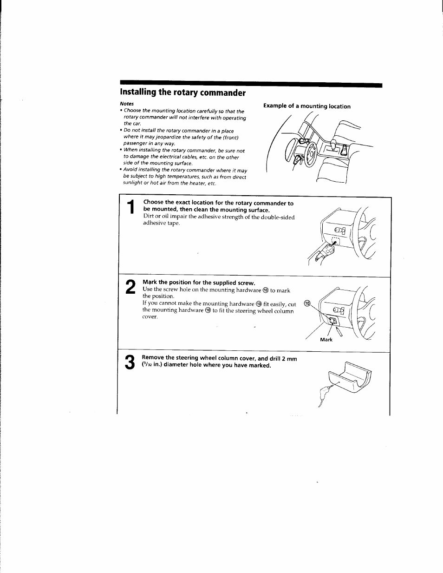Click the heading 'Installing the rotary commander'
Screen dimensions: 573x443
[182, 92]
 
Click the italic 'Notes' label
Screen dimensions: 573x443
[126, 104]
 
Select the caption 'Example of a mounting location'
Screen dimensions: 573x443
[306, 106]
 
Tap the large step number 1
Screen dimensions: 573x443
[131, 207]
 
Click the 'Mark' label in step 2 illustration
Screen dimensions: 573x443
[326, 340]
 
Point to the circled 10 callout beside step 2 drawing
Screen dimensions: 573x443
[306, 303]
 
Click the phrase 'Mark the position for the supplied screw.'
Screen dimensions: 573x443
[199, 283]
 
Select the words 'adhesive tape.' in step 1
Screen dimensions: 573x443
[161, 223]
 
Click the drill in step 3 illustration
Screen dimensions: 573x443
[326, 393]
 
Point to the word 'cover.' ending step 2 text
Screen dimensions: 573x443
[150, 317]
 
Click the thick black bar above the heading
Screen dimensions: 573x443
[251, 85]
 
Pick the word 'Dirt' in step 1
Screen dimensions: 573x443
[149, 217]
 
